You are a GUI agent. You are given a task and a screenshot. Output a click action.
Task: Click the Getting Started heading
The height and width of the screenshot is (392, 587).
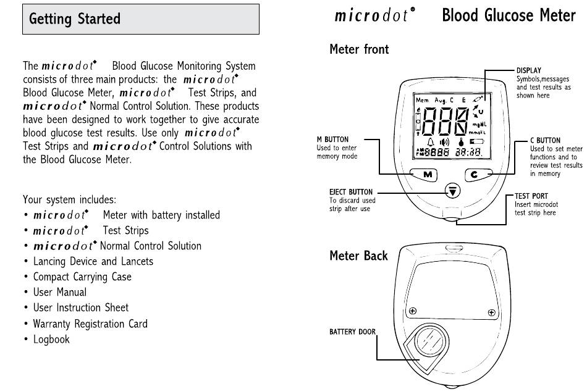pyautogui.click(x=75, y=19)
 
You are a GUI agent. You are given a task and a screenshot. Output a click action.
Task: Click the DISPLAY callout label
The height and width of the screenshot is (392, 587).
pyautogui.click(x=530, y=71)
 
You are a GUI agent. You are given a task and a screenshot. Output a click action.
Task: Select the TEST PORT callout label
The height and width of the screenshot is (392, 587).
pyautogui.click(x=531, y=196)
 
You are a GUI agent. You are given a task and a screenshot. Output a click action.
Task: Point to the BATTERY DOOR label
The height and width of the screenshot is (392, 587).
pyautogui.click(x=352, y=332)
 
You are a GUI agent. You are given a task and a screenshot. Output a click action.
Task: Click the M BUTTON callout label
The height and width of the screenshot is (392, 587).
pyautogui.click(x=332, y=140)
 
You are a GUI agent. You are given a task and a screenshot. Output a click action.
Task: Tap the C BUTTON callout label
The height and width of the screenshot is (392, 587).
pyautogui.click(x=545, y=141)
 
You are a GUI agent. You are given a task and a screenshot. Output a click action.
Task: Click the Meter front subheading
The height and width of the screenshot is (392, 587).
pyautogui.click(x=359, y=49)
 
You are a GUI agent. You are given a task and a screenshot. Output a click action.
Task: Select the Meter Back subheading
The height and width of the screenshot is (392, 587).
pyautogui.click(x=358, y=256)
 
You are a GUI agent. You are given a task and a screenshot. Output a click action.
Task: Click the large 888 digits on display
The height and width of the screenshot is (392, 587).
pyautogui.click(x=445, y=123)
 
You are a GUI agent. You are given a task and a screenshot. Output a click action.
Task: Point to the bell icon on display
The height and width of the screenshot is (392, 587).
pyautogui.click(x=431, y=143)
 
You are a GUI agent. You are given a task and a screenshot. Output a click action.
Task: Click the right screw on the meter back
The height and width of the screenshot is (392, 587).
pyautogui.click(x=492, y=311)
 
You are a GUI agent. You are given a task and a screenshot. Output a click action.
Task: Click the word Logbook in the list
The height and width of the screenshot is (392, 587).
pyautogui.click(x=51, y=340)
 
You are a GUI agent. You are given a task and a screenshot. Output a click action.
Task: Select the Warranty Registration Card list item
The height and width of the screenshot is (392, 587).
pyautogui.click(x=90, y=323)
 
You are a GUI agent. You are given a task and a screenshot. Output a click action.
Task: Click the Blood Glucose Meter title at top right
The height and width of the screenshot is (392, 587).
pyautogui.click(x=509, y=16)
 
